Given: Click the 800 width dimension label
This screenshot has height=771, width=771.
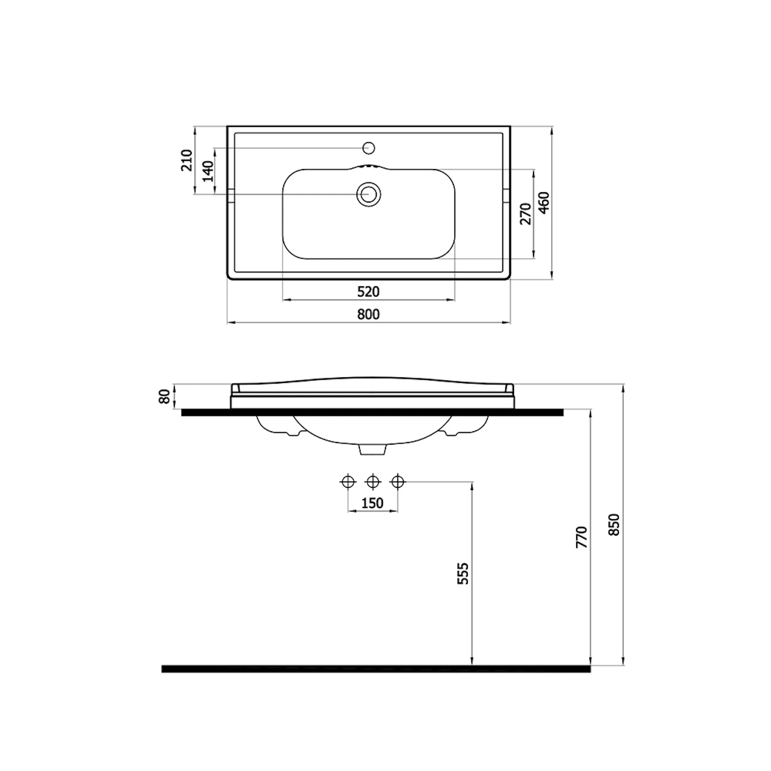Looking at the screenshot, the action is (x=368, y=314).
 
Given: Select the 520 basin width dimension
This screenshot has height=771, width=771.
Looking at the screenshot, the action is (x=368, y=291).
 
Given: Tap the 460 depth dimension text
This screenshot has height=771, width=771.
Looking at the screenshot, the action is (x=544, y=203).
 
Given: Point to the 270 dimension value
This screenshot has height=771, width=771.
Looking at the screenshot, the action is (x=526, y=214).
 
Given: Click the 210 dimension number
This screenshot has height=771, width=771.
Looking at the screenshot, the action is (x=187, y=160).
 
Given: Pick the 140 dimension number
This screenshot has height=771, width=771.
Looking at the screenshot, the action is (x=208, y=171).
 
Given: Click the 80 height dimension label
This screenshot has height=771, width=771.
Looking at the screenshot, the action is (x=164, y=396).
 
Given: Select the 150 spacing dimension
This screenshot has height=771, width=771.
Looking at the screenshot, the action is (x=373, y=503).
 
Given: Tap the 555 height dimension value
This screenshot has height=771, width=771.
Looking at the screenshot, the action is (x=463, y=573).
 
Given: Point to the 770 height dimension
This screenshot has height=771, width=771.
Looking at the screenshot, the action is (x=581, y=537).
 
